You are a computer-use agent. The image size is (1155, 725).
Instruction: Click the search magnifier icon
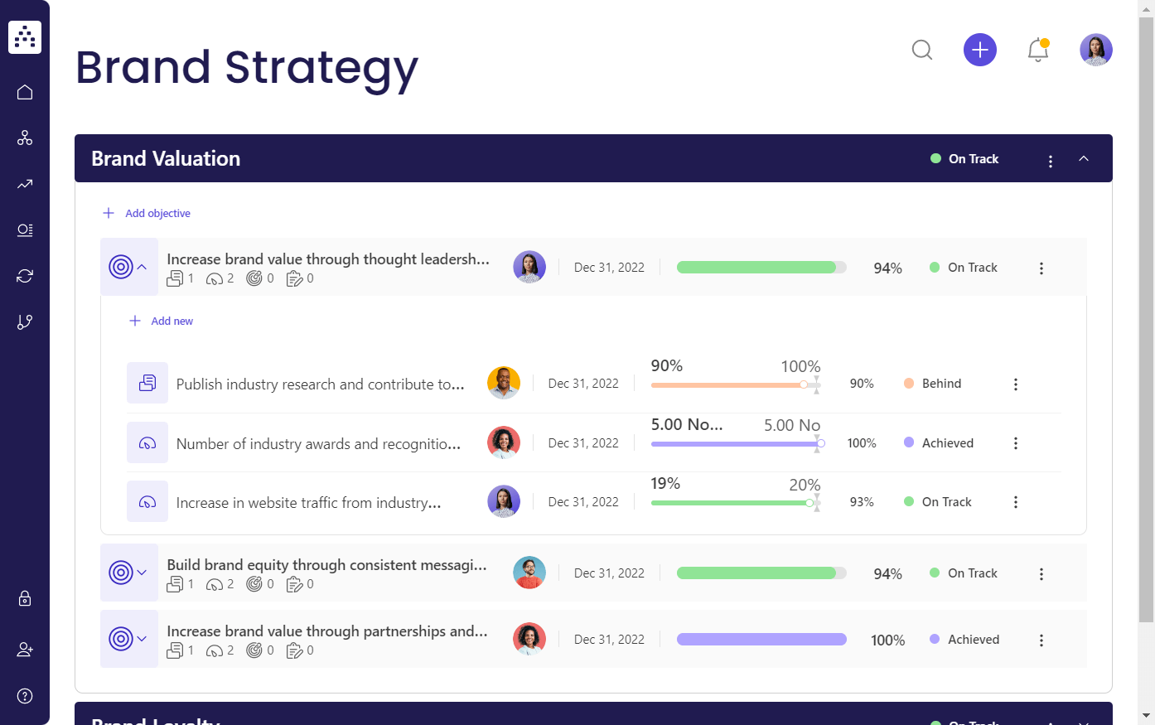click(x=922, y=50)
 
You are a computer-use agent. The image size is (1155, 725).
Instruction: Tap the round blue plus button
click(x=979, y=50)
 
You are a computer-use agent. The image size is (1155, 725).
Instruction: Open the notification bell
click(x=1037, y=50)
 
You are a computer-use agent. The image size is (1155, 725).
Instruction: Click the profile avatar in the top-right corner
click(x=1095, y=50)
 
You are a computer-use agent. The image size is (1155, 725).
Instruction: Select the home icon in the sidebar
click(x=25, y=92)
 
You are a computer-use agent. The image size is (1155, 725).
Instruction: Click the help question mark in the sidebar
click(x=25, y=695)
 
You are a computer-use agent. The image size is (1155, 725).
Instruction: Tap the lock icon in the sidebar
click(x=25, y=598)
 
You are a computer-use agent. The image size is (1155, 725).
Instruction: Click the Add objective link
click(x=157, y=213)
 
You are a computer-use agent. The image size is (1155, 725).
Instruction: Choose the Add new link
click(x=172, y=321)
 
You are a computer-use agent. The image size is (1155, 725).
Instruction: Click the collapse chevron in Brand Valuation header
click(x=1084, y=158)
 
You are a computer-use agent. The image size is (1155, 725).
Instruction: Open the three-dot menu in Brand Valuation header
click(x=1051, y=161)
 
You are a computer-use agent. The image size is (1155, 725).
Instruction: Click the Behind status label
click(x=941, y=384)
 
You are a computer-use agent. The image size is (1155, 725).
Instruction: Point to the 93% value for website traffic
click(x=862, y=502)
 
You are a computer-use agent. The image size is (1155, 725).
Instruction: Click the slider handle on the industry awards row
click(x=820, y=443)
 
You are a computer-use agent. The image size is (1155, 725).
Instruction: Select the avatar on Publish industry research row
click(x=504, y=383)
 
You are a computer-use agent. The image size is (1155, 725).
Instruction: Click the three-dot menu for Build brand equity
click(x=1041, y=573)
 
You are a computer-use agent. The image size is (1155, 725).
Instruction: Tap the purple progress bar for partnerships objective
click(x=761, y=640)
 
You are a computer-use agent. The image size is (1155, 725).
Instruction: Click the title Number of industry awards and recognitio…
click(x=318, y=444)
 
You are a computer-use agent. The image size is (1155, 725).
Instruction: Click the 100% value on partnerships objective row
click(x=887, y=640)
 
